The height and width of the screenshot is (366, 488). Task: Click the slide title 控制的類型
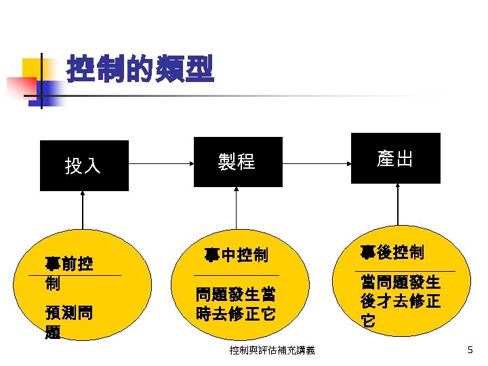[x=140, y=69]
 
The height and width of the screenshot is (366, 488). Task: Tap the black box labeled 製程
[x=238, y=161]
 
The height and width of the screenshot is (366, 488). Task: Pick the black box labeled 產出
[x=395, y=158]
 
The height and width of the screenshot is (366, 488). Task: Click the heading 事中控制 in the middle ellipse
[x=236, y=256]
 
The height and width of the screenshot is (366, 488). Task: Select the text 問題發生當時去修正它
[x=235, y=305]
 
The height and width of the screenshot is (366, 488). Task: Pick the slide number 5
[x=470, y=350]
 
